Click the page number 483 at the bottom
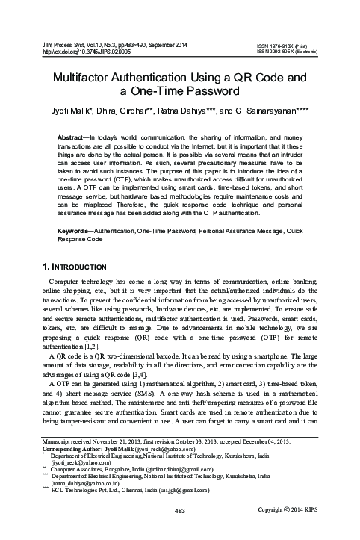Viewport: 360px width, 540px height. [x=179, y=531]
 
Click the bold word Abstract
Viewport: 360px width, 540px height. [x=75, y=140]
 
